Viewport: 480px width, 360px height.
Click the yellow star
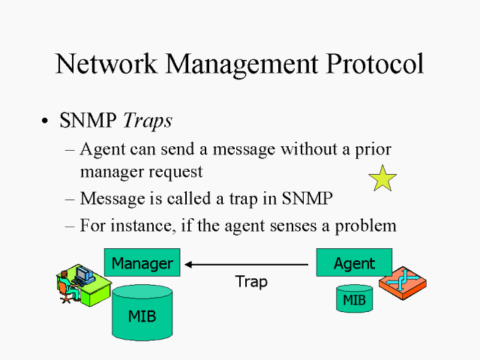[382, 178]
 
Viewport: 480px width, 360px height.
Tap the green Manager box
[142, 263]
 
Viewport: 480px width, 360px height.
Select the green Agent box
[354, 263]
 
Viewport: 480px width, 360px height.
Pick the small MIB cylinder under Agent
[354, 299]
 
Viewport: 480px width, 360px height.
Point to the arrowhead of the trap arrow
[190, 264]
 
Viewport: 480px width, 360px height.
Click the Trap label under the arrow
[250, 283]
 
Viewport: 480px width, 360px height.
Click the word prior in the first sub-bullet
[372, 149]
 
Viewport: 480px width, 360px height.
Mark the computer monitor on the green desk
[82, 274]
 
